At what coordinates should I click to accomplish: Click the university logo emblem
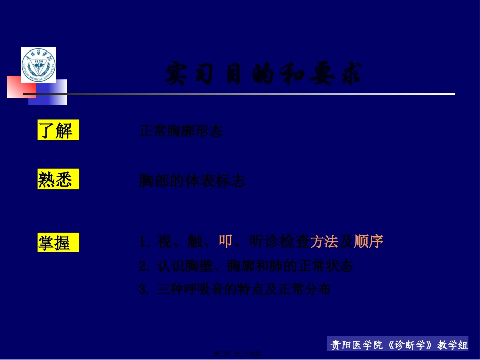point(38,65)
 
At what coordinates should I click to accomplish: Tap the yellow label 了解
point(58,131)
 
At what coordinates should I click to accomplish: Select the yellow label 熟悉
point(58,180)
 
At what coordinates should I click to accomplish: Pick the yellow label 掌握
point(58,243)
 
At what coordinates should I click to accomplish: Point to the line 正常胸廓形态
point(180,132)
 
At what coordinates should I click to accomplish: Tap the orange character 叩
point(225,242)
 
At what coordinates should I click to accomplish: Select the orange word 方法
point(324,242)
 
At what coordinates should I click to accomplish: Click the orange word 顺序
point(369,242)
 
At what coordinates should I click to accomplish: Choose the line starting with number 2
point(246,266)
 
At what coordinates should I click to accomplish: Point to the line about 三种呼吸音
point(235,290)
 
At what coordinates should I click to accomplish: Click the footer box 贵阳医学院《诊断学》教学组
point(399,345)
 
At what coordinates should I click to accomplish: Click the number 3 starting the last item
point(143,290)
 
